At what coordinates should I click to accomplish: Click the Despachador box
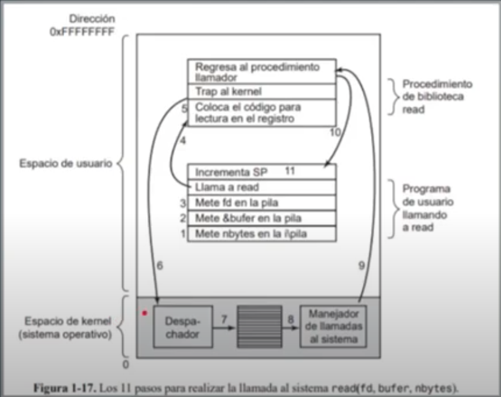183,327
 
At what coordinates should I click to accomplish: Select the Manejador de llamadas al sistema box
333,326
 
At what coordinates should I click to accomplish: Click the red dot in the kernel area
145,314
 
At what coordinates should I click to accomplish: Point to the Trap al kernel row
261,91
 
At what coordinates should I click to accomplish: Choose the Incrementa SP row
261,171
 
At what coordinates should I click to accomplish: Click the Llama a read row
261,187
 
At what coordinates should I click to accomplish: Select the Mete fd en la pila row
261,203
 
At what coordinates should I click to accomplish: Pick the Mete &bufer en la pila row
261,218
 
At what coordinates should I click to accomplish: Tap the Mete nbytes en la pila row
261,234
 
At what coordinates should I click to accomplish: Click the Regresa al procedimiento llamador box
261,71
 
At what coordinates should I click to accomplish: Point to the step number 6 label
160,265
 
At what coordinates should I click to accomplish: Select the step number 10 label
335,132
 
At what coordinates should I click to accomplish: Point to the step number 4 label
183,141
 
